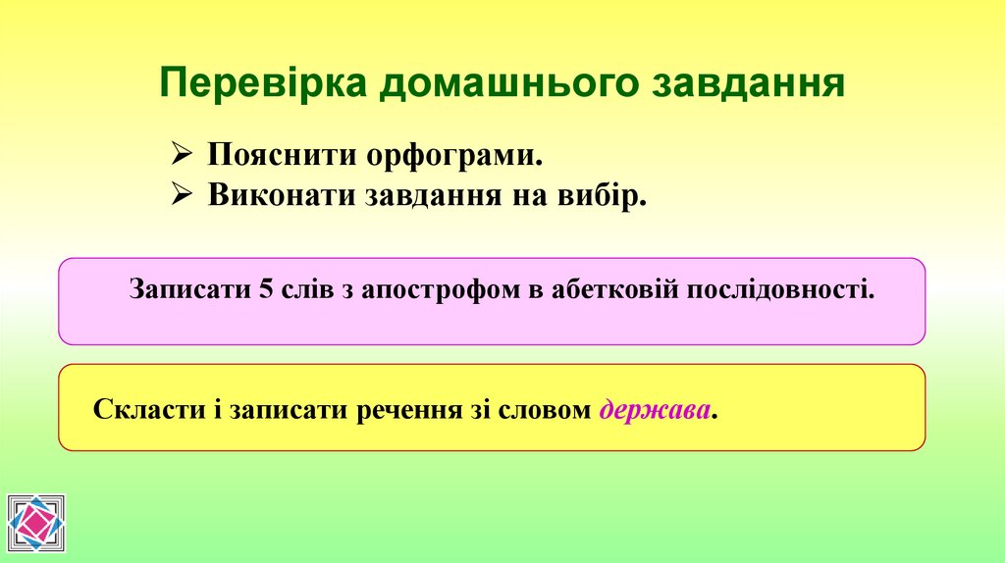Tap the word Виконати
[283, 195]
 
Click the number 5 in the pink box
[265, 290]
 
